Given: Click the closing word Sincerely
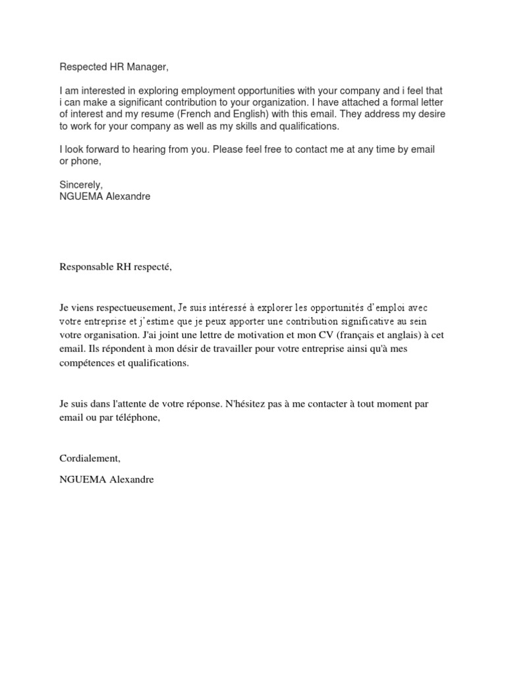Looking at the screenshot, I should pos(81,185).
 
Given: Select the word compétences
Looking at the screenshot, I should pos(90,363).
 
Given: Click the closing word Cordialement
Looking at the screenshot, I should pos(90,459).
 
